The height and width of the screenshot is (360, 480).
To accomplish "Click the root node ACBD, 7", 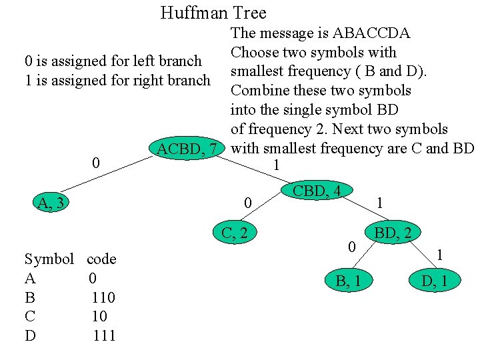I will point(187,149).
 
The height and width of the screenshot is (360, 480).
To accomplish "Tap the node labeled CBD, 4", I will point(317,191).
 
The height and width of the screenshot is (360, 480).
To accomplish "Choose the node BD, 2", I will point(397,233).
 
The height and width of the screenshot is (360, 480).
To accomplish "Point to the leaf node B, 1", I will point(349,281).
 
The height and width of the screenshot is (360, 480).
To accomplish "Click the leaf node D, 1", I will point(435,281).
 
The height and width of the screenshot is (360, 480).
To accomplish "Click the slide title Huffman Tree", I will point(213,13).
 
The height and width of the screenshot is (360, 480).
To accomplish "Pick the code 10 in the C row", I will point(99,317).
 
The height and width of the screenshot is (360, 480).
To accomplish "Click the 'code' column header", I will point(101,259).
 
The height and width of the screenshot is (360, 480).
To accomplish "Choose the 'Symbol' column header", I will point(49,259).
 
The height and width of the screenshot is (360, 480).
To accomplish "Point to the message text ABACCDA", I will point(371,33).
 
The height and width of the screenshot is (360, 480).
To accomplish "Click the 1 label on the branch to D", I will point(439,253).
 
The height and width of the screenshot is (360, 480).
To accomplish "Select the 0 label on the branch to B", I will point(351,247).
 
